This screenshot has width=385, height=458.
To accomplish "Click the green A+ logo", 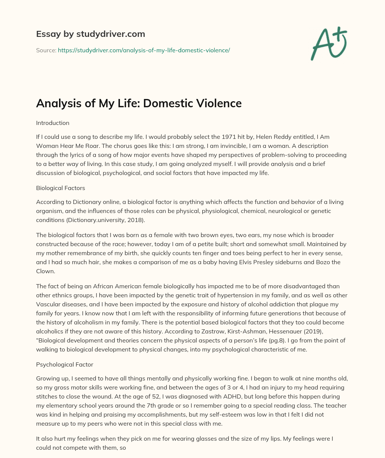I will pyautogui.click(x=328, y=44).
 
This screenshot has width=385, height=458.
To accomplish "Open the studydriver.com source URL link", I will pyautogui.click(x=144, y=50).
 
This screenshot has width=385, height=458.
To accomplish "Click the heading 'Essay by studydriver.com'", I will pyautogui.click(x=90, y=34).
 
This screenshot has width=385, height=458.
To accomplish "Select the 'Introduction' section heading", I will pyautogui.click(x=53, y=123).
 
